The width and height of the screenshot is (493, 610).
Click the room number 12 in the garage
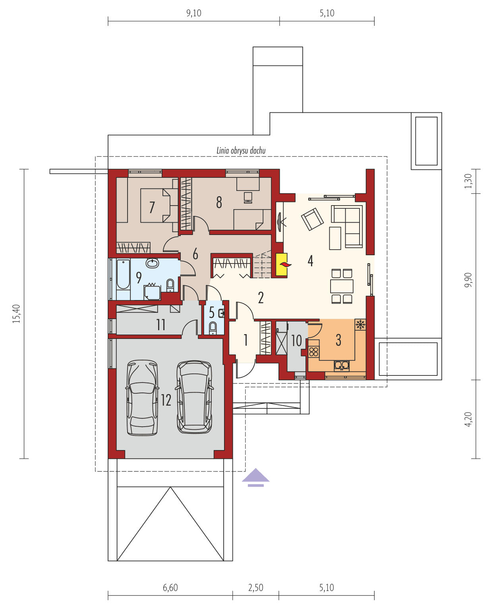click(166, 400)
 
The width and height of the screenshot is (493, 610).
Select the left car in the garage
click(142, 398)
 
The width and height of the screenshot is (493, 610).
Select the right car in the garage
click(194, 397)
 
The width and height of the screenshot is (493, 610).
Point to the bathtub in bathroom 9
click(123, 275)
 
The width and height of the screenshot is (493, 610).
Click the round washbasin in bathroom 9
click(152, 263)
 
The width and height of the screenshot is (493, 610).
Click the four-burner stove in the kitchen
click(314, 352)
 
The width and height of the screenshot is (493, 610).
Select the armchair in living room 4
click(312, 219)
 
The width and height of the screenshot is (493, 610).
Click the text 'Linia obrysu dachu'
click(241, 150)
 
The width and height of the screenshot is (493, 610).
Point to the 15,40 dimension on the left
click(16, 314)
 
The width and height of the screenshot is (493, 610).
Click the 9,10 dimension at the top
click(193, 13)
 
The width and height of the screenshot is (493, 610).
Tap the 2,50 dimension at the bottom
click(255, 588)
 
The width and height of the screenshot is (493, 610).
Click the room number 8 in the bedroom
click(219, 202)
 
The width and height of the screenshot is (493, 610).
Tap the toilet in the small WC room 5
click(213, 328)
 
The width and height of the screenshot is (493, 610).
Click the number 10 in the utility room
click(296, 341)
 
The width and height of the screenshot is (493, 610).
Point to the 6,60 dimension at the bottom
click(170, 588)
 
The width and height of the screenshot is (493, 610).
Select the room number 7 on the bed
click(152, 207)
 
